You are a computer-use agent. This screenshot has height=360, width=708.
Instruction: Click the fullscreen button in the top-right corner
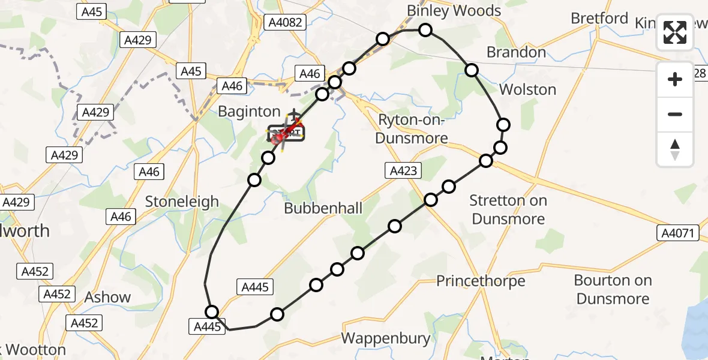pos(675,32)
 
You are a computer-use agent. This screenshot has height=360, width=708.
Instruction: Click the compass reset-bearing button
pos(675,149)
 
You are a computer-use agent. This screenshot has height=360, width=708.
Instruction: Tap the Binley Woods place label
pos(454,11)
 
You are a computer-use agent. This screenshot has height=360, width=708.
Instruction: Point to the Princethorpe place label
pos(481,281)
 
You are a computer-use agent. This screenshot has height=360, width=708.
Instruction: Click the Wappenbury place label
pos(386,338)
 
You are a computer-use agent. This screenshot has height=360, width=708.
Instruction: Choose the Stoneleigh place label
pos(182,202)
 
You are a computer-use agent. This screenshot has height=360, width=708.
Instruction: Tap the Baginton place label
pos(249,111)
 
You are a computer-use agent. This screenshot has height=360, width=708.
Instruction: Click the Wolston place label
pos(527,89)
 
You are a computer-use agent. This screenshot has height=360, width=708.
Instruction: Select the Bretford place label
pos(599,19)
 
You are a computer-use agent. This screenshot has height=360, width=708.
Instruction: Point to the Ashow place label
pos(107,297)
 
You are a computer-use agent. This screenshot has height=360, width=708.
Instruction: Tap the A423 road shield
pos(402,171)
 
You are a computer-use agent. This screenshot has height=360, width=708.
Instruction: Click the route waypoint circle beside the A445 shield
pos(212,311)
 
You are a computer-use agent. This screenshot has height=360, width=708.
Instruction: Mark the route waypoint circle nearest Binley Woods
pos(425,29)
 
